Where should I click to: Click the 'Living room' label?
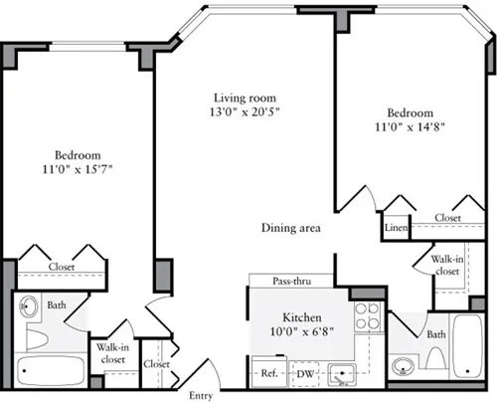point(245,98)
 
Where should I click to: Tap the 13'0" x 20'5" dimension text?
point(245,112)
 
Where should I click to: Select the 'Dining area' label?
point(290,228)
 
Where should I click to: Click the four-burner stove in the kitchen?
point(368,315)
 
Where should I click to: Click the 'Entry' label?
point(201,395)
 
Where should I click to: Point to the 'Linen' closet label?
point(396,228)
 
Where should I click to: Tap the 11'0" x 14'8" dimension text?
point(410,127)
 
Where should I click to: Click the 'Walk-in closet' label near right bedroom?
point(444,265)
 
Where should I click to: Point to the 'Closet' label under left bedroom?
point(62,267)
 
